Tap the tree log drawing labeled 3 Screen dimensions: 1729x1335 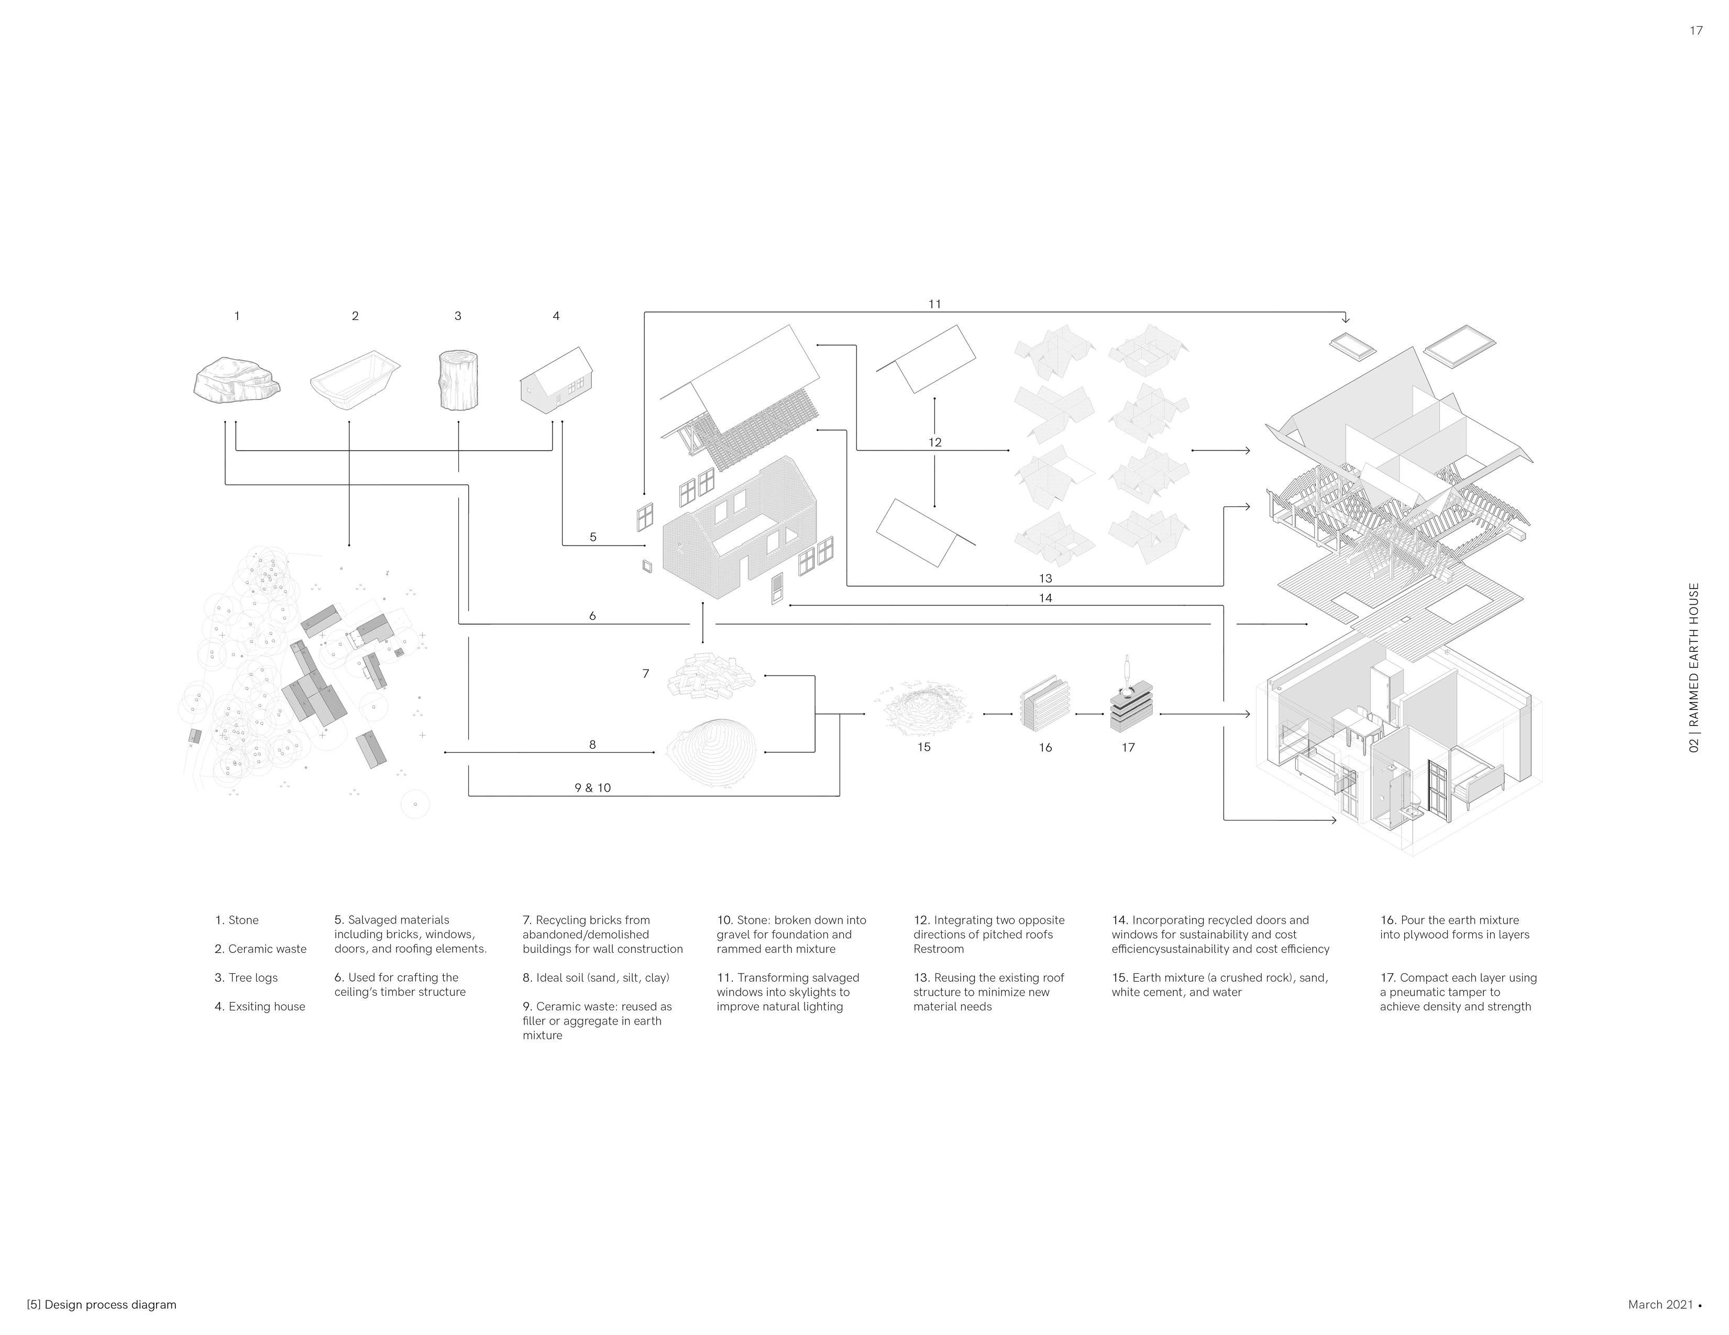(x=458, y=381)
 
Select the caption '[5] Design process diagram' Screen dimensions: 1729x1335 (x=101, y=1305)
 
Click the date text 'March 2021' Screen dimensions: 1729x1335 (x=1660, y=1305)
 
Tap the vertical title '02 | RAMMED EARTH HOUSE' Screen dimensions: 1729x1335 (x=1694, y=668)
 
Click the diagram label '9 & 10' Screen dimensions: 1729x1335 (x=592, y=788)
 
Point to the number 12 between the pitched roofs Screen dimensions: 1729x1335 (x=935, y=442)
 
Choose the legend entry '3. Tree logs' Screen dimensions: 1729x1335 (x=246, y=978)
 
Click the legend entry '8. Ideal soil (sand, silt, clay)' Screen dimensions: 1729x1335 (x=596, y=978)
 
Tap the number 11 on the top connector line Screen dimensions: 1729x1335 (x=935, y=304)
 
